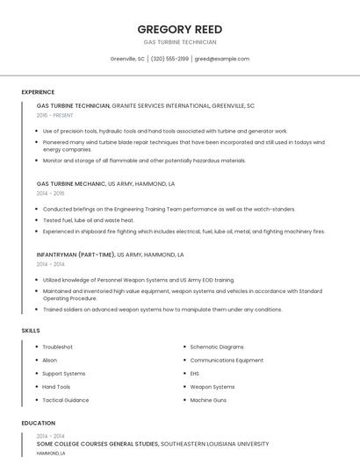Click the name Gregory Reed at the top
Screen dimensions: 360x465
(x=179, y=28)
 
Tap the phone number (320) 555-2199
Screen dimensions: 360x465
(x=169, y=59)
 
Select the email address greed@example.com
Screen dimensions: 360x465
(x=222, y=59)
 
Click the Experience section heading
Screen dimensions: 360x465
(x=38, y=92)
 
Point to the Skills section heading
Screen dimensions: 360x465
(x=31, y=330)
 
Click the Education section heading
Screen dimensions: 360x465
(x=38, y=423)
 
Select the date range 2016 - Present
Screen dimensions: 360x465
(x=55, y=115)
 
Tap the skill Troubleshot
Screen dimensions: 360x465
(x=58, y=347)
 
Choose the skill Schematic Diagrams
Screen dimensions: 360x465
(x=217, y=347)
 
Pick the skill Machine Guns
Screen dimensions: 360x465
(x=208, y=400)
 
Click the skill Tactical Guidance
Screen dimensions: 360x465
(x=66, y=400)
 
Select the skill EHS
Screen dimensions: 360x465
(x=195, y=373)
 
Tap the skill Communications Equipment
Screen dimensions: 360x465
(x=227, y=360)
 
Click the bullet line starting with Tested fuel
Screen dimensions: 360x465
(x=88, y=220)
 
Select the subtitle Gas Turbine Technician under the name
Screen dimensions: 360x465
(x=179, y=42)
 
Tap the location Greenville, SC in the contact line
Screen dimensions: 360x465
(x=127, y=59)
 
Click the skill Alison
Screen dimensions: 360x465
(x=50, y=360)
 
